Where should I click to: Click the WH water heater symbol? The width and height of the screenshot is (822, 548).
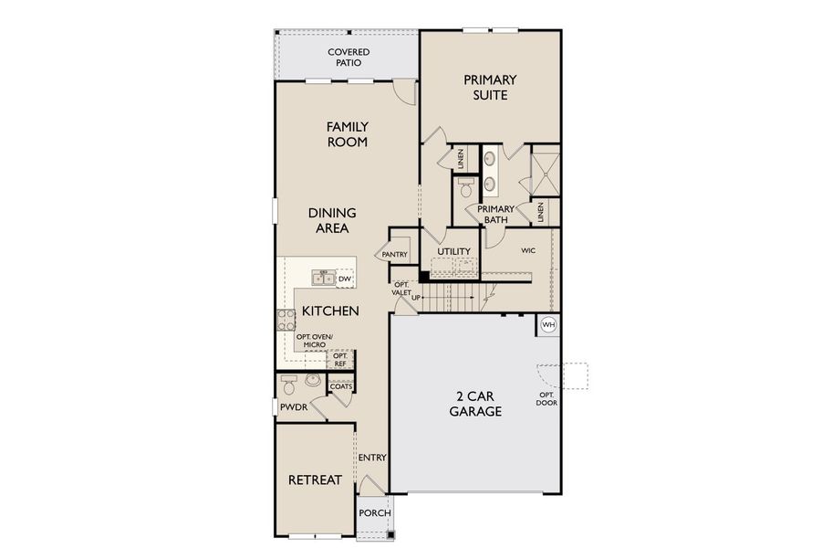coord(548,324)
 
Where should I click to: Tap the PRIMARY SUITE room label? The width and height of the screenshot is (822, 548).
coord(490,87)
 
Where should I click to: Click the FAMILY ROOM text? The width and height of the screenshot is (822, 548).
coord(347,134)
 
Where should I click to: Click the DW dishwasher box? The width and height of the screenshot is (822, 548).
coord(344,279)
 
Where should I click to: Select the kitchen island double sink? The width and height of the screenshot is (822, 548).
coord(321,278)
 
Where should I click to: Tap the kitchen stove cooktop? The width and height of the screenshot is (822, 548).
coord(286,320)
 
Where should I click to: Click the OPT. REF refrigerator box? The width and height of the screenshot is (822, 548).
coord(339,360)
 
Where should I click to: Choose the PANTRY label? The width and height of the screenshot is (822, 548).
coord(394,255)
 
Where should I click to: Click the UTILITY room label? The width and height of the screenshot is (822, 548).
coord(453,251)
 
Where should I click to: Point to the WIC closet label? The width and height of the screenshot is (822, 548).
coord(527,249)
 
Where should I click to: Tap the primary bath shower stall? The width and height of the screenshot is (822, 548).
coord(545,170)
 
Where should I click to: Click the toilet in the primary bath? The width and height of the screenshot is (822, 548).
coord(465,189)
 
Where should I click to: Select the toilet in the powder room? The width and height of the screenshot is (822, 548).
coord(289,382)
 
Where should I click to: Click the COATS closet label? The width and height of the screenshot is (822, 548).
coord(341,386)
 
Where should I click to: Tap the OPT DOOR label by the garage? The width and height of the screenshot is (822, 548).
coord(547,398)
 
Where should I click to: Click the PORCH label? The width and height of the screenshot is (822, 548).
coord(375,512)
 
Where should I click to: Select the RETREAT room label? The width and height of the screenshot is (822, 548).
coord(315,479)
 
